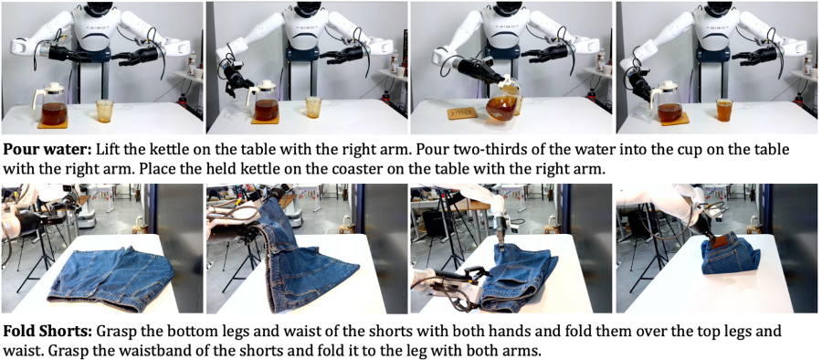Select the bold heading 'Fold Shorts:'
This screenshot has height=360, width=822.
pyautogui.click(x=47, y=332)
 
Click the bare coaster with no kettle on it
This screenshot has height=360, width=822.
pyautogui.click(x=462, y=113)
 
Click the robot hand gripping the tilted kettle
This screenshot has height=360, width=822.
pyautogui.click(x=476, y=70)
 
